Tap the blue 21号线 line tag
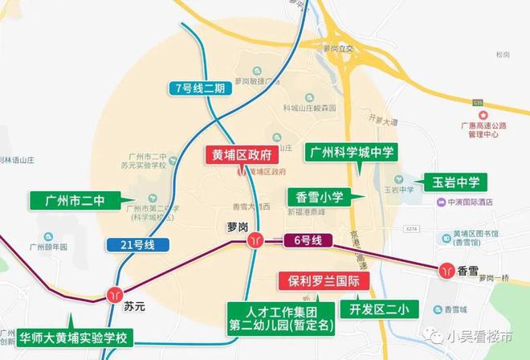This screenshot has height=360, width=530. [136, 244]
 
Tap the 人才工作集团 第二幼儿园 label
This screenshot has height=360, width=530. [273, 319]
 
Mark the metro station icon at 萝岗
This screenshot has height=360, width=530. [255, 240]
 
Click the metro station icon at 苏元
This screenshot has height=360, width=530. [117, 292]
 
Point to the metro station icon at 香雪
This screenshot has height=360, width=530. [446, 270]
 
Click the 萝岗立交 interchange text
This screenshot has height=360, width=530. [338, 49]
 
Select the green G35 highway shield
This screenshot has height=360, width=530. [479, 103]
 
